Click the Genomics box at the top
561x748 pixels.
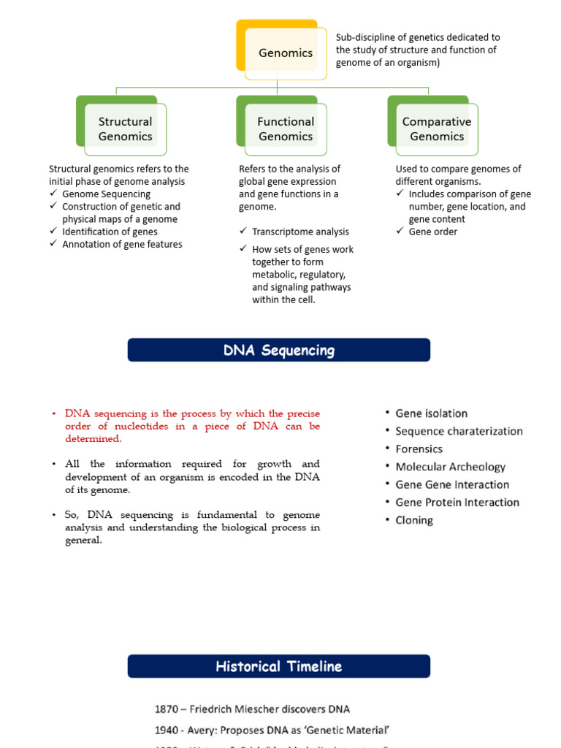(x=285, y=53)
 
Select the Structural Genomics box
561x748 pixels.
(x=125, y=129)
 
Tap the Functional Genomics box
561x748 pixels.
(x=286, y=129)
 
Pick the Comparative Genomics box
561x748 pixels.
(x=437, y=129)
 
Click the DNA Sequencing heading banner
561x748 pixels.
(x=278, y=351)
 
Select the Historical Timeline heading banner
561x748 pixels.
(x=278, y=666)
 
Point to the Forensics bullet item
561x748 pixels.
(x=419, y=449)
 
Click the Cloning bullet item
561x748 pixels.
(x=414, y=520)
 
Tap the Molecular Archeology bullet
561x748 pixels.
(x=450, y=467)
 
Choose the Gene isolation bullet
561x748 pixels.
(x=431, y=413)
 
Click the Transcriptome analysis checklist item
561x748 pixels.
(x=300, y=232)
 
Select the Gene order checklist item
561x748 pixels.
(x=433, y=232)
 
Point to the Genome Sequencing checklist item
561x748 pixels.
(x=106, y=194)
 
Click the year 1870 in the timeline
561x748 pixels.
(x=167, y=709)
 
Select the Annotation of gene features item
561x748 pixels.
(x=122, y=245)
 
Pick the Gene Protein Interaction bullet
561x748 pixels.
(x=457, y=503)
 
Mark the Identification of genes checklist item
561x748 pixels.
(x=110, y=232)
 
